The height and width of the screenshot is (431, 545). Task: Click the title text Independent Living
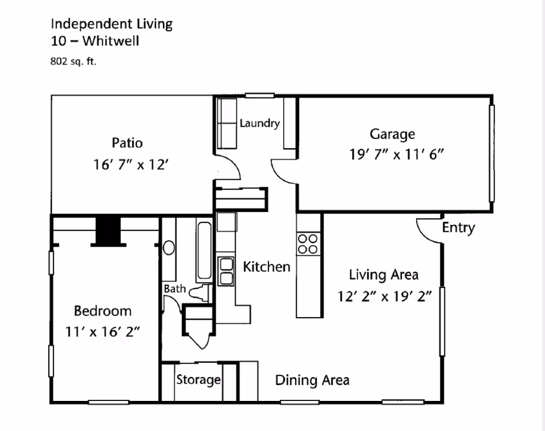[x=111, y=24]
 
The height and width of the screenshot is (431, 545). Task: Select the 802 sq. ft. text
[x=74, y=62]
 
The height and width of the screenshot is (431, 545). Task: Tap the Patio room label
[x=127, y=142]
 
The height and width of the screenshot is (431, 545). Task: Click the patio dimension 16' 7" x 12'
[x=132, y=164]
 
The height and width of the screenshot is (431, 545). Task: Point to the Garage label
[x=392, y=134]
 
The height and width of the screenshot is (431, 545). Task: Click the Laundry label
[x=259, y=123]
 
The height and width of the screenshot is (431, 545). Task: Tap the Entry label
[x=458, y=228]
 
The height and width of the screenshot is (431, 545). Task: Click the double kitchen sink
[x=226, y=271]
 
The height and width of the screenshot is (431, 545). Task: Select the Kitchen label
[x=267, y=267]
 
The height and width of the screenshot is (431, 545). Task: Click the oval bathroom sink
[x=169, y=248]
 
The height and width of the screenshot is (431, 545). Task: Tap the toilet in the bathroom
[x=199, y=294]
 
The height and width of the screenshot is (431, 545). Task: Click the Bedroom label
[x=103, y=311]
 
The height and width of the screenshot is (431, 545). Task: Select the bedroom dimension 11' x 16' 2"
[x=103, y=332]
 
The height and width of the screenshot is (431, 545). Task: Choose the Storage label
[x=198, y=379]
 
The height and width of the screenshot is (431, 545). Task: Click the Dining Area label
[x=312, y=380]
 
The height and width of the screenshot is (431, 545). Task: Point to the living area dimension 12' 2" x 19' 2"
[x=385, y=296]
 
